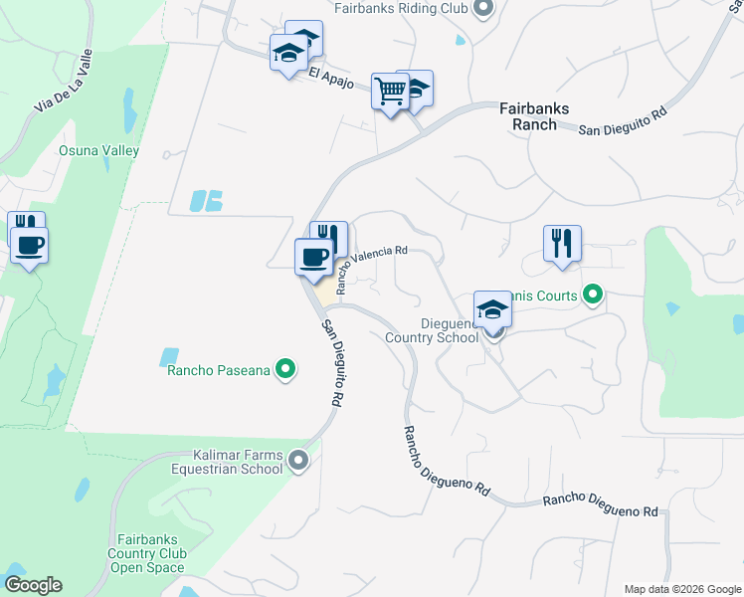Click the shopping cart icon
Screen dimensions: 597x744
[390, 92]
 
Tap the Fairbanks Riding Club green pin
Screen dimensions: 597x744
[484, 10]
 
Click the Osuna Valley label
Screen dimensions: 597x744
[98, 151]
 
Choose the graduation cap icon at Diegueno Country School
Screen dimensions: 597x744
[491, 309]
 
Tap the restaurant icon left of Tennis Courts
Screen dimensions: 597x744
[562, 243]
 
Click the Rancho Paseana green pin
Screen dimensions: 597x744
[285, 370]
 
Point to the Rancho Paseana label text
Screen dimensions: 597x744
[218, 370]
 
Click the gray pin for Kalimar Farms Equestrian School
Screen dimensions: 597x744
[299, 461]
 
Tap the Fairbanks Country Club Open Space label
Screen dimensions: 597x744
[147, 553]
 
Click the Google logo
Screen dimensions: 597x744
[33, 585]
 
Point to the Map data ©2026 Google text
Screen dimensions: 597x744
[682, 589]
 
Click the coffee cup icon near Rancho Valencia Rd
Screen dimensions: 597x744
[314, 258]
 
